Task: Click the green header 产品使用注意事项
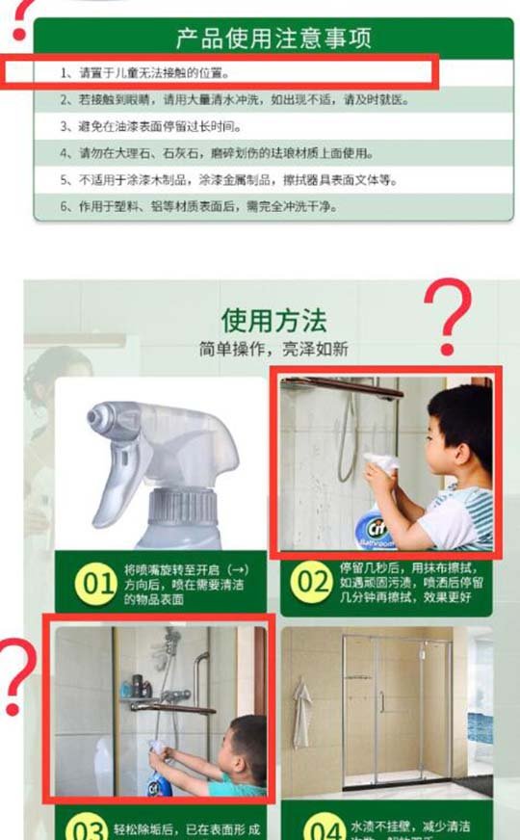(273, 39)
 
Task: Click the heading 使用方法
(274, 321)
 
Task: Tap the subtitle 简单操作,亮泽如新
(274, 349)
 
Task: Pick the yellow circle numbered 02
(310, 582)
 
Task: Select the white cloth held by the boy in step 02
(382, 464)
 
